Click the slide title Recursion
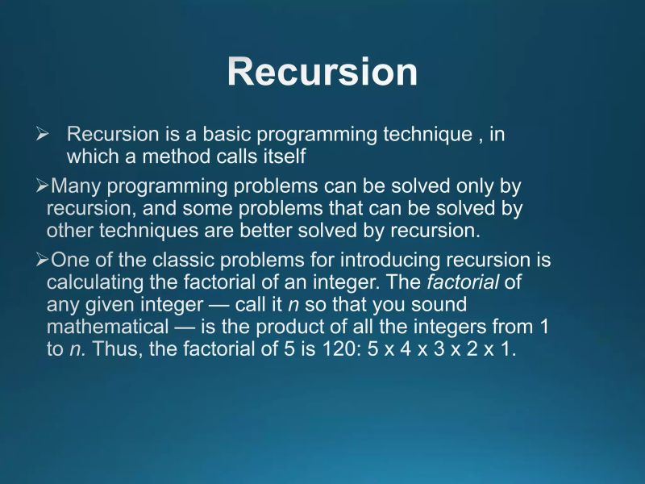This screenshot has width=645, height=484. (x=322, y=72)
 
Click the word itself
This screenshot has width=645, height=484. (x=281, y=155)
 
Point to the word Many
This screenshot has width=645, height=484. (x=77, y=186)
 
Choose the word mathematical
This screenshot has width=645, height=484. (x=102, y=328)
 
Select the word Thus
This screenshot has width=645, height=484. (x=114, y=350)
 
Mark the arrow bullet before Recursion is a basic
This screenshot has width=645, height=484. (x=44, y=135)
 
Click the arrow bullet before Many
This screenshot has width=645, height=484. (x=43, y=187)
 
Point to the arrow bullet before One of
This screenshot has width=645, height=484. (x=43, y=261)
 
